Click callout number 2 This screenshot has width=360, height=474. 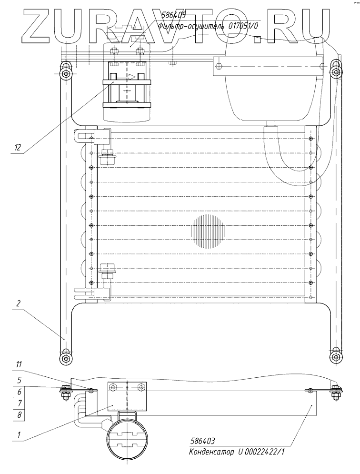[18, 303]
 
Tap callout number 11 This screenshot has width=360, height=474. [19, 364]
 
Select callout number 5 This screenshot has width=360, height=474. [19, 379]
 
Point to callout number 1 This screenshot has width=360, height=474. [19, 435]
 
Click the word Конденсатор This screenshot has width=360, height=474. [211, 453]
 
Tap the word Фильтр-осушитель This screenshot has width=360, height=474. [191, 26]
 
